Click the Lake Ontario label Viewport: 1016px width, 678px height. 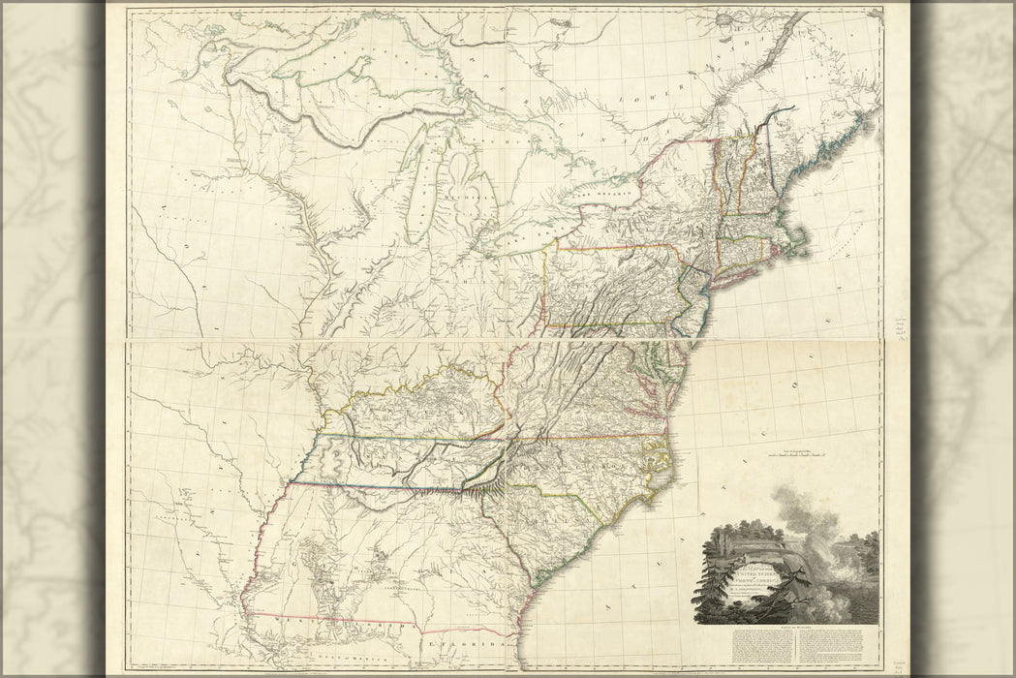[605, 195]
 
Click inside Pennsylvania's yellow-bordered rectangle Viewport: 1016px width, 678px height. [610, 286]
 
